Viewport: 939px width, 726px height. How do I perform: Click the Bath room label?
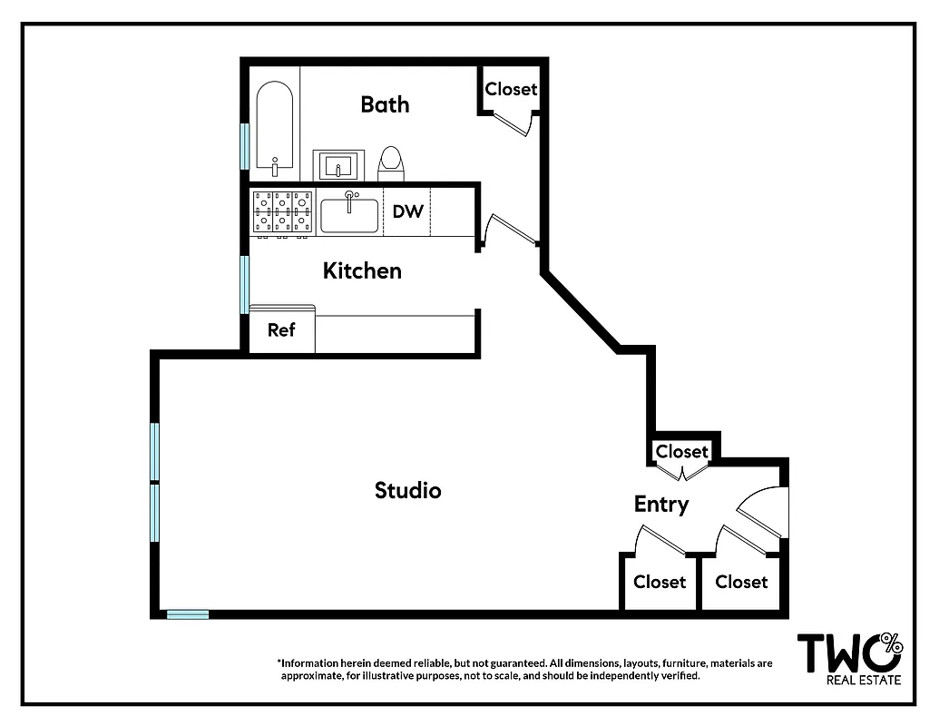click(385, 104)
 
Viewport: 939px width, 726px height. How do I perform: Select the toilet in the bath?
click(391, 162)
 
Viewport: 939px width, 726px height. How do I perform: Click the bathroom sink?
click(338, 166)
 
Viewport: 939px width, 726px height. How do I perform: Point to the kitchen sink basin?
click(349, 216)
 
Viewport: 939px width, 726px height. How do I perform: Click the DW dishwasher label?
click(407, 211)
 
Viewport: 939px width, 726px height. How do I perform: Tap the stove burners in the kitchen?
click(282, 212)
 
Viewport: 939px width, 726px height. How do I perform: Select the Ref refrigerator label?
click(281, 330)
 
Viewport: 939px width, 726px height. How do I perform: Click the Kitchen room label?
click(362, 270)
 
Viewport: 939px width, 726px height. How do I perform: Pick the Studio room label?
click(407, 491)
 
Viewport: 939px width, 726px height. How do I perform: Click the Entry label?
click(660, 505)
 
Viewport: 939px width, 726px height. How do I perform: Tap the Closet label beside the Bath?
click(511, 89)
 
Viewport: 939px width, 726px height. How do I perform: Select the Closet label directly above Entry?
click(681, 451)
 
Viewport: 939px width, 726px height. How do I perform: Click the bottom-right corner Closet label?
click(741, 582)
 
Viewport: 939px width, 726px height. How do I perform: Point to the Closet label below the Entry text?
click(660, 582)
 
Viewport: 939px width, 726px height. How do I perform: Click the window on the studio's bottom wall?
click(188, 614)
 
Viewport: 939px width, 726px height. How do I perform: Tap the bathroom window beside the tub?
click(244, 145)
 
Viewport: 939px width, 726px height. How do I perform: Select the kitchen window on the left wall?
click(244, 284)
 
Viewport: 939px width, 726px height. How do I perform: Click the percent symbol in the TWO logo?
click(892, 644)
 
